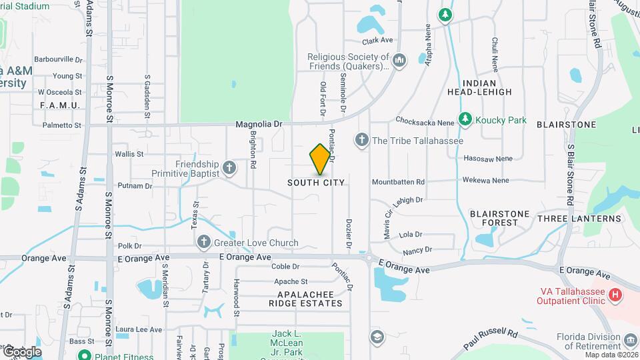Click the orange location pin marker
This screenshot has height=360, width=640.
click(x=321, y=159)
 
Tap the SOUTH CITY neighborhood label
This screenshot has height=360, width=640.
click(x=316, y=183)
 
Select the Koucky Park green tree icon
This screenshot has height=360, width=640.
click(x=465, y=120)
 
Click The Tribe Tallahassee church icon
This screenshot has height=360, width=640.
click(x=361, y=140)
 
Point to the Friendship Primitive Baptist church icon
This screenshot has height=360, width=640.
click(x=229, y=167)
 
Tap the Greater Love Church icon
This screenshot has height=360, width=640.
click(x=205, y=243)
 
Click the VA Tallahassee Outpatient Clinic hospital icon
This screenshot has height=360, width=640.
click(x=615, y=294)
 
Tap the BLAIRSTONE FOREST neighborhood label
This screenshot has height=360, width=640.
click(x=499, y=218)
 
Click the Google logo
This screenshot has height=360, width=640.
click(x=22, y=351)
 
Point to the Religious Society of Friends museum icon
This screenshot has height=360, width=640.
click(x=399, y=61)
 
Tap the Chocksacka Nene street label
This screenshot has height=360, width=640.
click(x=423, y=121)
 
